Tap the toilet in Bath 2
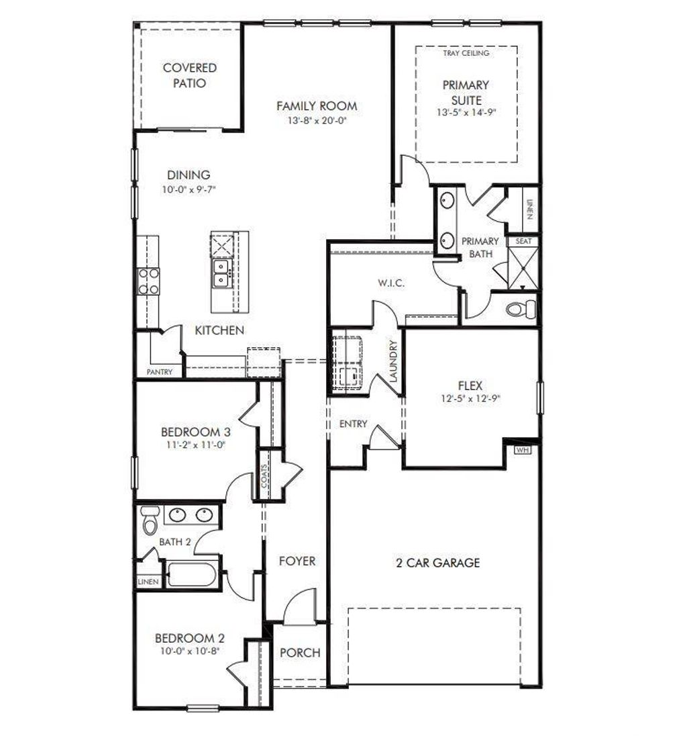[149, 520]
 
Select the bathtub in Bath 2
[192, 575]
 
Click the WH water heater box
[522, 450]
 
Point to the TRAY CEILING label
[466, 53]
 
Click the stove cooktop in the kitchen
[148, 281]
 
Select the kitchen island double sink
[221, 273]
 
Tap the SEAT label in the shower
[523, 240]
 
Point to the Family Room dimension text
[317, 121]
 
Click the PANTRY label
[160, 372]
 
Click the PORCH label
[300, 653]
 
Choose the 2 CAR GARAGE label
[437, 563]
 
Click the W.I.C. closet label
[391, 283]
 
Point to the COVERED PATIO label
[190, 75]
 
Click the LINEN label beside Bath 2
[148, 582]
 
